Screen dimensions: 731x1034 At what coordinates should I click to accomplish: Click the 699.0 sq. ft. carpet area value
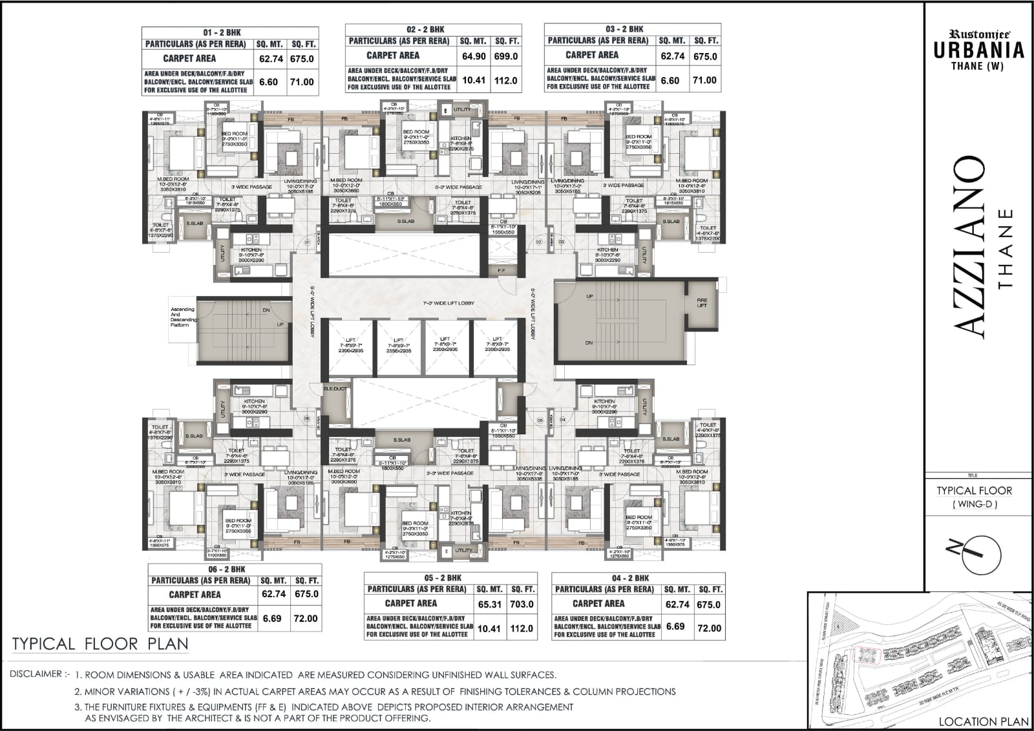506,56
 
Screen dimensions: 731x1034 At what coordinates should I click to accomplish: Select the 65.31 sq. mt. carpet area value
489,604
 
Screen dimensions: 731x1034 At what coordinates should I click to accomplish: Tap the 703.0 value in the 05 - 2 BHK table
522,604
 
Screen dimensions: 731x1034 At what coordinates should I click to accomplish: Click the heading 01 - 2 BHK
230,32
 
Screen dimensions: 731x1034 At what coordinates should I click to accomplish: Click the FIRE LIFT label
702,302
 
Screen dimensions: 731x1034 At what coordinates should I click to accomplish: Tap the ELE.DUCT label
335,388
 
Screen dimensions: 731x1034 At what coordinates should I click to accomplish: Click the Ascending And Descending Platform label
182,317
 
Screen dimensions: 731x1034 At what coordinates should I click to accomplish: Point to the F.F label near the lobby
501,270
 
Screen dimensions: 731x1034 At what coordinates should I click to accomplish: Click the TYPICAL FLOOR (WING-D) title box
975,496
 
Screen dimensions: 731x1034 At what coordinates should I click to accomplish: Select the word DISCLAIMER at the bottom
36,674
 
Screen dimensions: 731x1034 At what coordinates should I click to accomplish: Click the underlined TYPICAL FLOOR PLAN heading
100,644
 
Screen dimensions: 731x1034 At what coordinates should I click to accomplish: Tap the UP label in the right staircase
589,296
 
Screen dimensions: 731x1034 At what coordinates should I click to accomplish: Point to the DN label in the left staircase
266,310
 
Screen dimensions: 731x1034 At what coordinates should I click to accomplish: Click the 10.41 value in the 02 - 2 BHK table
474,80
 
